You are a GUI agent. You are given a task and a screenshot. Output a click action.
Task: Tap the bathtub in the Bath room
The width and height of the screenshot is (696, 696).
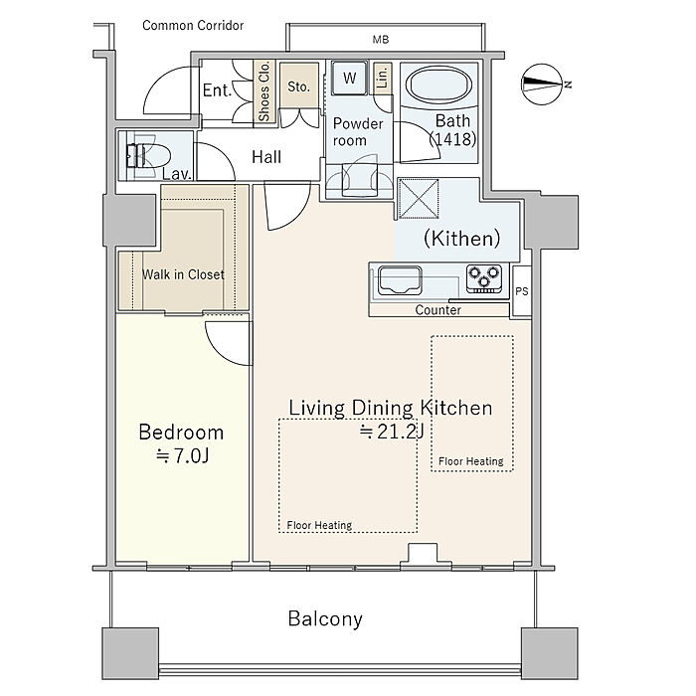pyautogui.click(x=438, y=86)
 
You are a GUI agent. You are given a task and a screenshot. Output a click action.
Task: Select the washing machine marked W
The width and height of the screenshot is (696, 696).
pyautogui.click(x=350, y=79)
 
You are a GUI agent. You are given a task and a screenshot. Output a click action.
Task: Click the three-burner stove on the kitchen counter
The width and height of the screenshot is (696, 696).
pyautogui.click(x=484, y=278)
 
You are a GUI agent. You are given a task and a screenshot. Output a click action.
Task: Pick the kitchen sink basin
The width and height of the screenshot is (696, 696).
pyautogui.click(x=400, y=280)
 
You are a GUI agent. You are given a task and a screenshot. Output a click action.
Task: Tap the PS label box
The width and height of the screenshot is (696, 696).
pyautogui.click(x=522, y=291)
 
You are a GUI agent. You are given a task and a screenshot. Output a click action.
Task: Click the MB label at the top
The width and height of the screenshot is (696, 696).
pyautogui.click(x=381, y=40)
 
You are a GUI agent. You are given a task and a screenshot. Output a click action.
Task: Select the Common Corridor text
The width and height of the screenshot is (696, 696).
pyautogui.click(x=193, y=25)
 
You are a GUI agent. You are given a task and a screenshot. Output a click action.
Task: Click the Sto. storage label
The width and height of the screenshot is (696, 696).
pyautogui.click(x=298, y=87)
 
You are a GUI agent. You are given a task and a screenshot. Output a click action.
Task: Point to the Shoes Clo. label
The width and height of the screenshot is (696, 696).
pyautogui.click(x=264, y=91)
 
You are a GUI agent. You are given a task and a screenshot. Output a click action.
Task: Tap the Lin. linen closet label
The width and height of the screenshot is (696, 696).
pyautogui.click(x=382, y=76)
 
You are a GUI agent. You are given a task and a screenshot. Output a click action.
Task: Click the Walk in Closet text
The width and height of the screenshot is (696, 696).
pyautogui.click(x=183, y=274)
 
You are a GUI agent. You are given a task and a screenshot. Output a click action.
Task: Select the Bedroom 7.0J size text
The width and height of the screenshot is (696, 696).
pyautogui.click(x=182, y=455)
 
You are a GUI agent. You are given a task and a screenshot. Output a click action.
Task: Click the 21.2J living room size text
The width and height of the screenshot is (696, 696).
pyautogui.click(x=392, y=431)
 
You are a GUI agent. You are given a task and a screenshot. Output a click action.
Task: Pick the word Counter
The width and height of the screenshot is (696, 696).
pyautogui.click(x=438, y=310)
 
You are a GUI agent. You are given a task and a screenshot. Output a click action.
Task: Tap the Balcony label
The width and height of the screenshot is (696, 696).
pyautogui.click(x=325, y=618)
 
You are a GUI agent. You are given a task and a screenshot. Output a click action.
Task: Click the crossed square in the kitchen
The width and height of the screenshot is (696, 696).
pyautogui.click(x=419, y=199)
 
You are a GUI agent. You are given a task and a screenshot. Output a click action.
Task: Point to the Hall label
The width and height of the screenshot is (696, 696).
pyautogui.click(x=266, y=157)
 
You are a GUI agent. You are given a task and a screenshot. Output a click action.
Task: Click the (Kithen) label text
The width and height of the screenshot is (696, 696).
pyautogui.click(x=462, y=239)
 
